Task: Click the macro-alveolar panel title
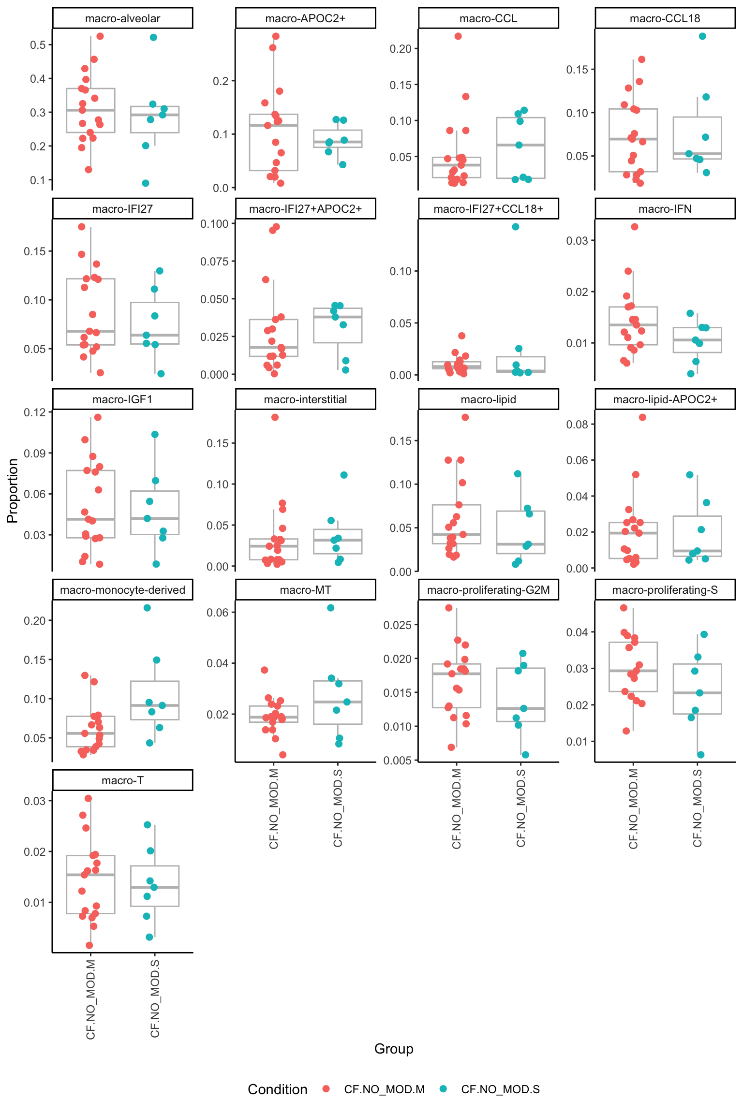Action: pyautogui.click(x=122, y=18)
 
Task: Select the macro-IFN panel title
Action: pyautogui.click(x=665, y=209)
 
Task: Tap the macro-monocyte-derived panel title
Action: pyautogui.click(x=122, y=590)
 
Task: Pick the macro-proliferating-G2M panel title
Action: pyautogui.click(x=488, y=590)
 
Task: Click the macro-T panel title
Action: pyautogui.click(x=122, y=780)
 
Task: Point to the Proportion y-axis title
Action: pyautogui.click(x=13, y=491)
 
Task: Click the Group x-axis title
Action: pyautogui.click(x=394, y=1049)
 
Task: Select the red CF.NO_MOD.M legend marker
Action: pyautogui.click(x=326, y=1089)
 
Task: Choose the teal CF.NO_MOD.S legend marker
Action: pyautogui.click(x=443, y=1089)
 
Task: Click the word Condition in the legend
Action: pyautogui.click(x=278, y=1089)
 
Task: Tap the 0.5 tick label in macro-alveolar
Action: pyautogui.click(x=38, y=45)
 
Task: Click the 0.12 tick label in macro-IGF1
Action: pyautogui.click(x=35, y=412)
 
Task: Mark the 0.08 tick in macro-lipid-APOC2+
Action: pyautogui.click(x=578, y=425)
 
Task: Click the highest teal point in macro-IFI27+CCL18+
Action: pyautogui.click(x=516, y=227)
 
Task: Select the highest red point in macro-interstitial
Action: pyautogui.click(x=275, y=417)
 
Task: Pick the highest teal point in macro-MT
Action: pyautogui.click(x=331, y=608)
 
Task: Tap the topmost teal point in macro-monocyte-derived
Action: pyautogui.click(x=148, y=608)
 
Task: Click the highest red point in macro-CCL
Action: pyautogui.click(x=458, y=36)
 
